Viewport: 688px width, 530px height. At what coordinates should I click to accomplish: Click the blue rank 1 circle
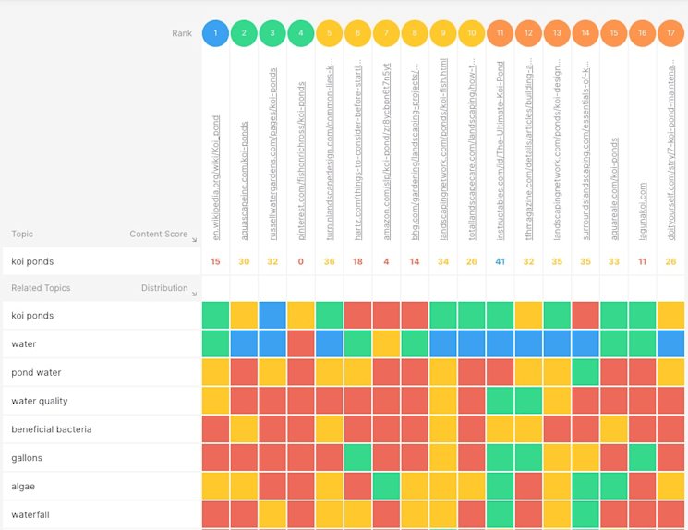coord(215,33)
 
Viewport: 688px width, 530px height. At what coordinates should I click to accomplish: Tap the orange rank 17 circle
coord(670,33)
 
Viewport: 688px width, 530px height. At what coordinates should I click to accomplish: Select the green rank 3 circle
coord(272,33)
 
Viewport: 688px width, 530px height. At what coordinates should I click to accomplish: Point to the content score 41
coord(500,261)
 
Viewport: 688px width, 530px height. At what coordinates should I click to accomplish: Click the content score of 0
coord(301,261)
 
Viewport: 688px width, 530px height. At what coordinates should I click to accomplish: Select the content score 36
coord(330,261)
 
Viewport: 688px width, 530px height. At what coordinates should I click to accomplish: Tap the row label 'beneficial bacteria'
coord(51,429)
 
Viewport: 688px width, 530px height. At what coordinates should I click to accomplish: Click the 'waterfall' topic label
coord(30,515)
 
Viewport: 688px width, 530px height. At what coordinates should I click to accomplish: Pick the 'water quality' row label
coord(39,401)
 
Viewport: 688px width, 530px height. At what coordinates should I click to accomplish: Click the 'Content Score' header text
coord(158,235)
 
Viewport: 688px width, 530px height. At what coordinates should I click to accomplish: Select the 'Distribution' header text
coord(164,288)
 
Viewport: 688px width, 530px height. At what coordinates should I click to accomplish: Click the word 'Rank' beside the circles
coord(182,33)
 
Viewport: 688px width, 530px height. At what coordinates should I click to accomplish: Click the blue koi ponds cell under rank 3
coord(272,316)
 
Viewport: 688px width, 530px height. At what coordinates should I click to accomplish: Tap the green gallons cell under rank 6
coord(358,458)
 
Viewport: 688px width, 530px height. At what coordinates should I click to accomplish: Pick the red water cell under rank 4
coord(301,344)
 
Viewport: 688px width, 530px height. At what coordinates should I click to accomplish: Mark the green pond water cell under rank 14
coord(585,372)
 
